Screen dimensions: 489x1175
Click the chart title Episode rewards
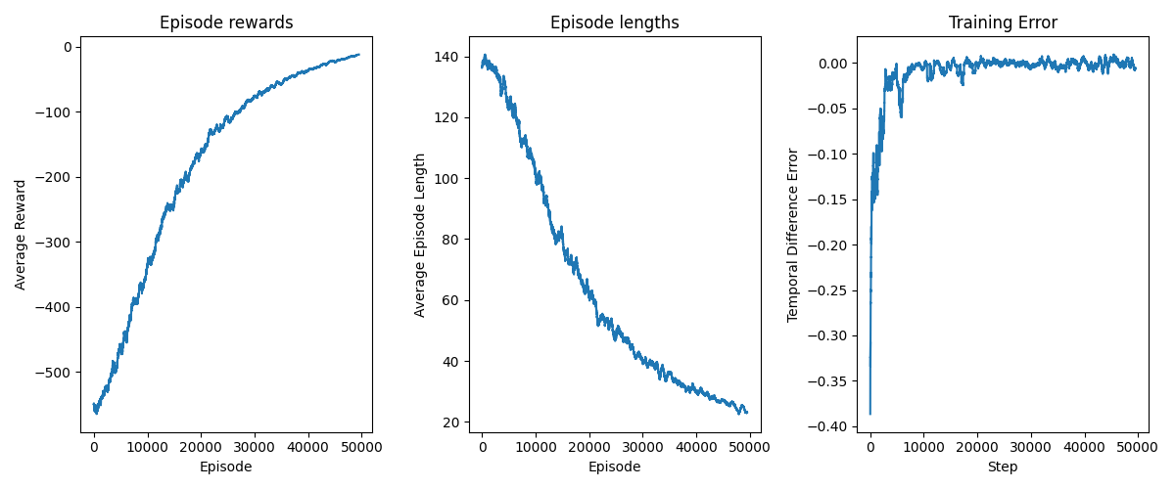(x=226, y=22)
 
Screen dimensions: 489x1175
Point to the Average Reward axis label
(x=21, y=235)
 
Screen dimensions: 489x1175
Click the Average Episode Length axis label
(x=420, y=235)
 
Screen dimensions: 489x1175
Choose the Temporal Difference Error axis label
(x=793, y=235)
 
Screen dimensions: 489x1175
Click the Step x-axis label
(x=1003, y=467)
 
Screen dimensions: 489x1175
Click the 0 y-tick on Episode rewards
(x=68, y=47)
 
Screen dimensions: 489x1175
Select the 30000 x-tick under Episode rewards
(x=255, y=447)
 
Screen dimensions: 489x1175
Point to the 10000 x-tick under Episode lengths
(x=535, y=447)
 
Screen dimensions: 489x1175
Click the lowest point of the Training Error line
(x=869, y=414)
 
